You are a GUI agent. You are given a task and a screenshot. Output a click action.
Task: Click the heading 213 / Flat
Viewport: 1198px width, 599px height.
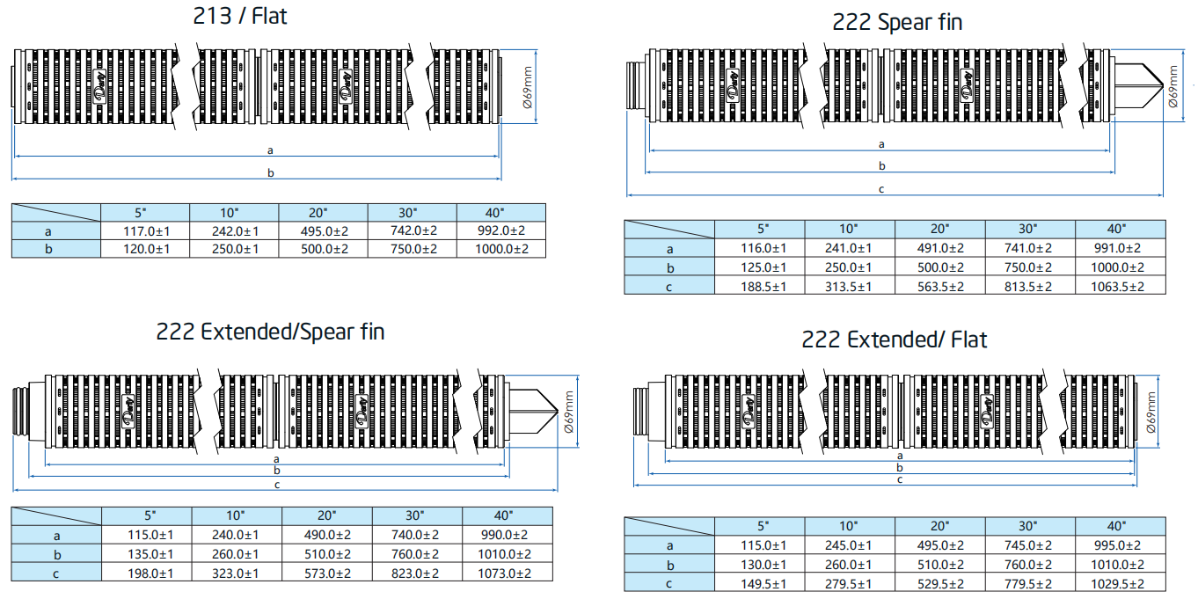point(239,16)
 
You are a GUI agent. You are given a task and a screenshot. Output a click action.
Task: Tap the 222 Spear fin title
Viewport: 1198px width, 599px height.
point(897,22)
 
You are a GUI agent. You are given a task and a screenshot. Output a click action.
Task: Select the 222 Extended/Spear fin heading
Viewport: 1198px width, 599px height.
point(270,332)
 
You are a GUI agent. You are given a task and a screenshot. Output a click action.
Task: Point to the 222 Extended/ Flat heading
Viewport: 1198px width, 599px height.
point(894,340)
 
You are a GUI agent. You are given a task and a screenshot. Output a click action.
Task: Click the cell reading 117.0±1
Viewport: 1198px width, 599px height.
point(145,230)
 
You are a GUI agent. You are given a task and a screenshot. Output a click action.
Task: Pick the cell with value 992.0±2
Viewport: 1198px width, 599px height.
point(500,230)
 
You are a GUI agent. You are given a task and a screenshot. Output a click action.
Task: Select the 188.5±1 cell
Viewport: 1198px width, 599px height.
point(758,286)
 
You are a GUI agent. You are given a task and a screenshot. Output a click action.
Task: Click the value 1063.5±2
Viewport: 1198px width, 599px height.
point(1120,286)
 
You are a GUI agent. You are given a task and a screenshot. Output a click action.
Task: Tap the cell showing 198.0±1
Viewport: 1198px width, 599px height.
point(147,573)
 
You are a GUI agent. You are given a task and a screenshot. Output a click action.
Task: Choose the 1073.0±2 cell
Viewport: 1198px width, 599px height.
point(507,573)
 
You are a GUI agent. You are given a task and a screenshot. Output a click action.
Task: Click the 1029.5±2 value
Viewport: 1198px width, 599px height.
point(1120,582)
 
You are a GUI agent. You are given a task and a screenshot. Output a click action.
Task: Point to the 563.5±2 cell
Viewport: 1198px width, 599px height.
point(939,286)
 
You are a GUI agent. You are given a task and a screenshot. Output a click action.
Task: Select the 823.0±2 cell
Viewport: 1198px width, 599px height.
point(416,573)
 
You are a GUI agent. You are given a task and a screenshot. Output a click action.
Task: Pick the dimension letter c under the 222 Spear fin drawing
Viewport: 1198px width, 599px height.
point(881,189)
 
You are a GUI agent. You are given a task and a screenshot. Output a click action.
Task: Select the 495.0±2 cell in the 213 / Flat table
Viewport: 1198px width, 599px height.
point(322,230)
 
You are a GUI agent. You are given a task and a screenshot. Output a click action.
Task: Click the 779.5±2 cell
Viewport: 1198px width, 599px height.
point(1029,582)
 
